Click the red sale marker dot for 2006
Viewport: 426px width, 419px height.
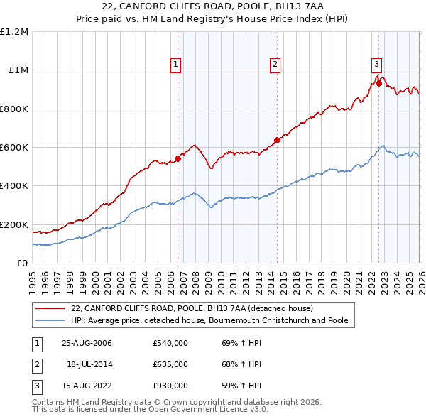click(177, 159)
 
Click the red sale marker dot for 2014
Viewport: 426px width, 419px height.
click(277, 141)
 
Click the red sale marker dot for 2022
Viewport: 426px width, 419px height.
click(378, 84)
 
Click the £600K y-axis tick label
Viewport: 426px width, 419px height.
click(14, 148)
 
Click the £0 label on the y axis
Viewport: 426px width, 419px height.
click(23, 263)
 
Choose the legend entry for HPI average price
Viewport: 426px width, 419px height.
click(209, 321)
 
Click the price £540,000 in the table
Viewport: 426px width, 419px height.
click(170, 343)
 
